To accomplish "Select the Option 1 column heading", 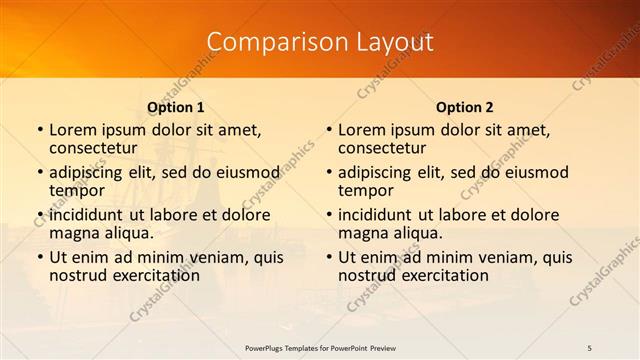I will (x=176, y=107).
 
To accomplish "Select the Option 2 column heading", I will (x=465, y=107).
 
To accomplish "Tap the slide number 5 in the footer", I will (x=590, y=348).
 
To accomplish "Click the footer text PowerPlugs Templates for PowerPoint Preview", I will (x=320, y=348).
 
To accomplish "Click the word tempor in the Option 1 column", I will (x=78, y=190).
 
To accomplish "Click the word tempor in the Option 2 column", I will (x=366, y=190).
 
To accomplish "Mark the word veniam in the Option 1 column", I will (x=204, y=257).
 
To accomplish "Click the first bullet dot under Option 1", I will (x=40, y=131).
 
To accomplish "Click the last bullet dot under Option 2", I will (x=329, y=258).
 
